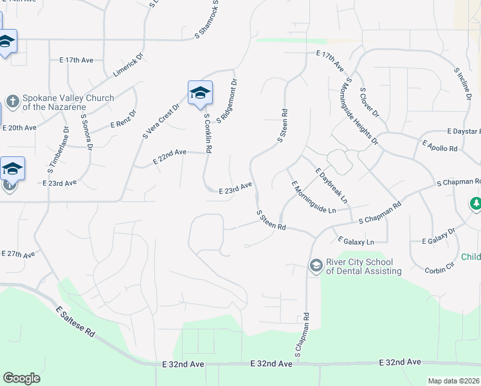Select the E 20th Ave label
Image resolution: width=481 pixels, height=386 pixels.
19,128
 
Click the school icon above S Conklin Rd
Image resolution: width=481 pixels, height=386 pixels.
200,93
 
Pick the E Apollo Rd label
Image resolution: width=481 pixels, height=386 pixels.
440,144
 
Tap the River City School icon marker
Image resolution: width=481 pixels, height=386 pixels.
315,265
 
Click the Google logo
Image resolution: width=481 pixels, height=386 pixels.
22,378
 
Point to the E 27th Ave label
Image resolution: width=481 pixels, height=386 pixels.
18,254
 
